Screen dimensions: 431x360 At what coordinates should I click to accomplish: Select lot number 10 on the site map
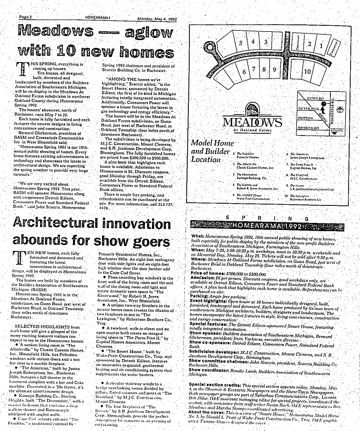pyautogui.click(x=308, y=71)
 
